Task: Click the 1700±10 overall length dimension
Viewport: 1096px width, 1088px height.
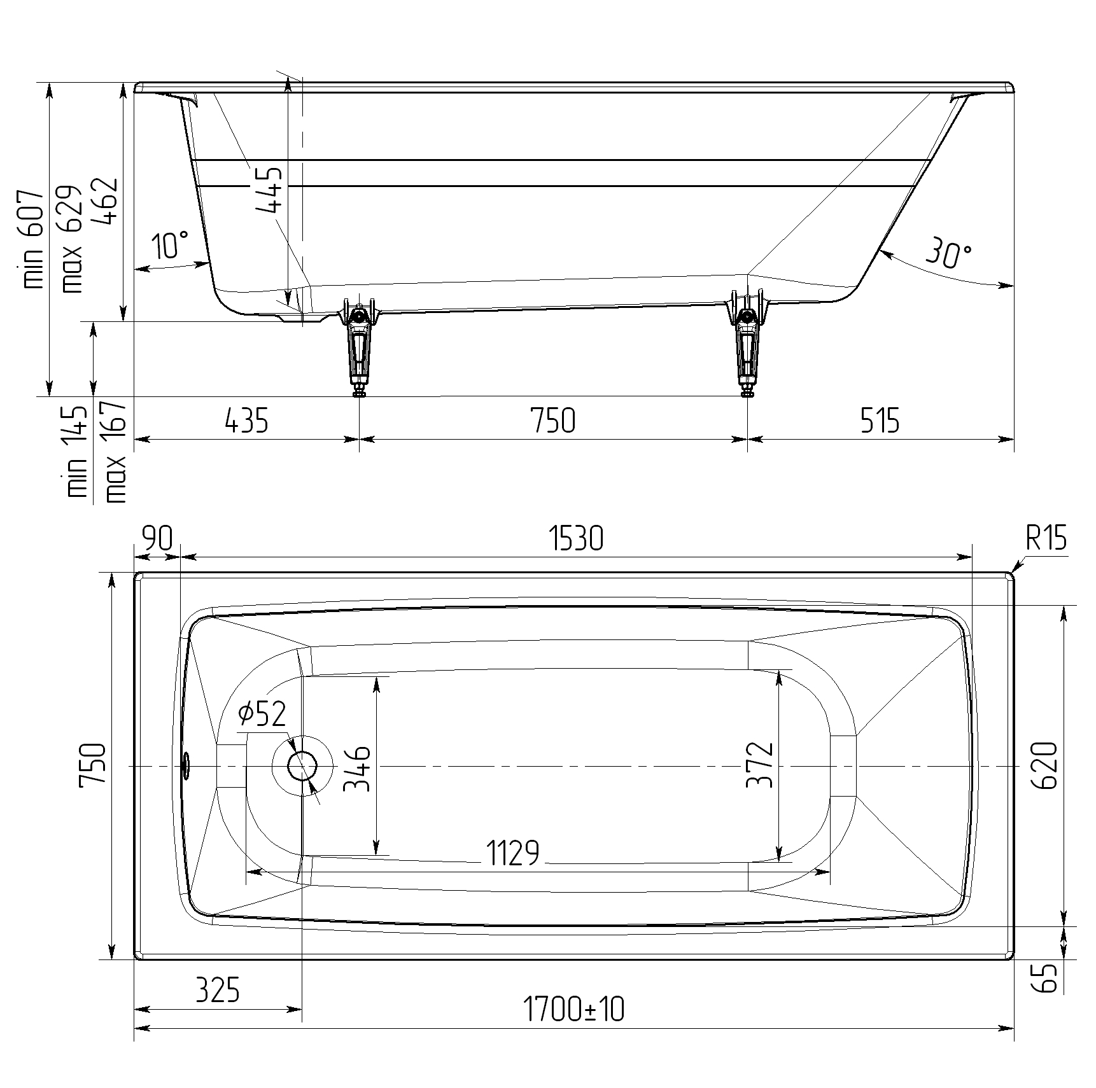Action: click(573, 1010)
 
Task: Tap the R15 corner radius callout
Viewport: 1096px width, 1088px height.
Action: click(1046, 540)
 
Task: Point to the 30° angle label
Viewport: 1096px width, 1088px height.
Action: click(948, 253)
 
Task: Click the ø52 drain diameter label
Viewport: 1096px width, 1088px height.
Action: click(262, 714)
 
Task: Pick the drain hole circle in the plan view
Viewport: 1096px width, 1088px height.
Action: click(302, 766)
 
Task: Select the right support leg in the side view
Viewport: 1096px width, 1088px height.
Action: click(748, 347)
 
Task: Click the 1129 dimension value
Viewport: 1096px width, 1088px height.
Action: click(512, 853)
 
